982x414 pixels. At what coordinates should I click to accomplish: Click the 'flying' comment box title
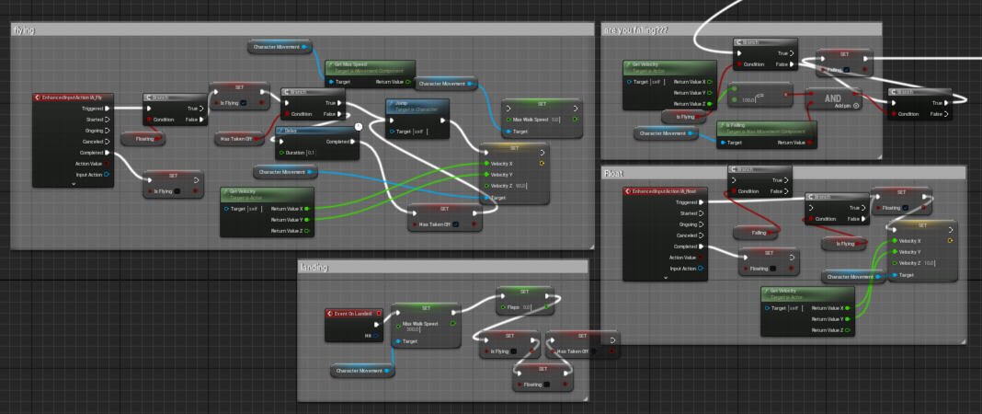[x=25, y=30]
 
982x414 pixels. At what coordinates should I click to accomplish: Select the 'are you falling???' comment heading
[x=635, y=30]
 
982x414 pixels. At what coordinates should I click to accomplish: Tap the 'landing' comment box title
[x=314, y=267]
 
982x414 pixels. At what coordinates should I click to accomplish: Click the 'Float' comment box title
[x=613, y=173]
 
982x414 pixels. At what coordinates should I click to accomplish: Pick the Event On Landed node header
[x=353, y=313]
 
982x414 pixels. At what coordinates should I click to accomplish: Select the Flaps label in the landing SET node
[x=513, y=305]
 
